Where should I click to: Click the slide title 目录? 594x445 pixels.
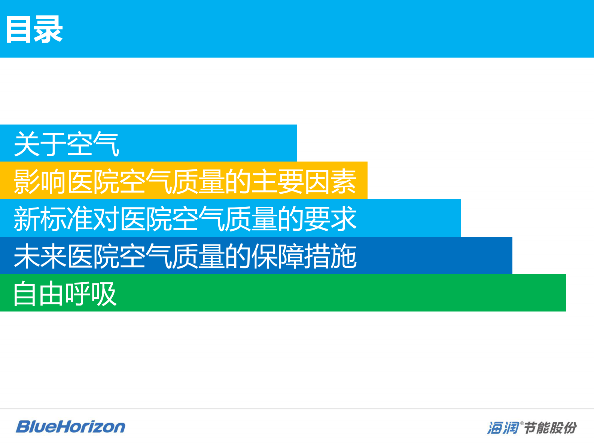[34, 29]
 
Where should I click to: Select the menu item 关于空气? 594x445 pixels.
[67, 144]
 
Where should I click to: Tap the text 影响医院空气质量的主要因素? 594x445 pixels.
[185, 181]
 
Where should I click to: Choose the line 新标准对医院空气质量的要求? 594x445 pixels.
[185, 218]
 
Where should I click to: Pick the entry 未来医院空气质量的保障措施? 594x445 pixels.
[185, 256]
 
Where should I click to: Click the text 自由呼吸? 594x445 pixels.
[65, 293]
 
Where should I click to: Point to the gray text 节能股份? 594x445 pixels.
[551, 428]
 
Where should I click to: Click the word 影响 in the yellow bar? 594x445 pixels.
[40, 181]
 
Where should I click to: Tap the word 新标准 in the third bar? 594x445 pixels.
[53, 218]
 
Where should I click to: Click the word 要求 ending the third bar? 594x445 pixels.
[330, 218]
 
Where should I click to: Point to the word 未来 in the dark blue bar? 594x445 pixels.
[40, 256]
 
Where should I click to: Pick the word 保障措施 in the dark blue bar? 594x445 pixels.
[304, 256]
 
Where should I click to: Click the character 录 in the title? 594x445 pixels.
[48, 29]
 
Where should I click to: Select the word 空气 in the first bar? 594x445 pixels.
[93, 144]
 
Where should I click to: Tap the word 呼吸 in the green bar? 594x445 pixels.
[91, 293]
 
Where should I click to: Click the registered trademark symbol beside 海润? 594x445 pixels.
[522, 423]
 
